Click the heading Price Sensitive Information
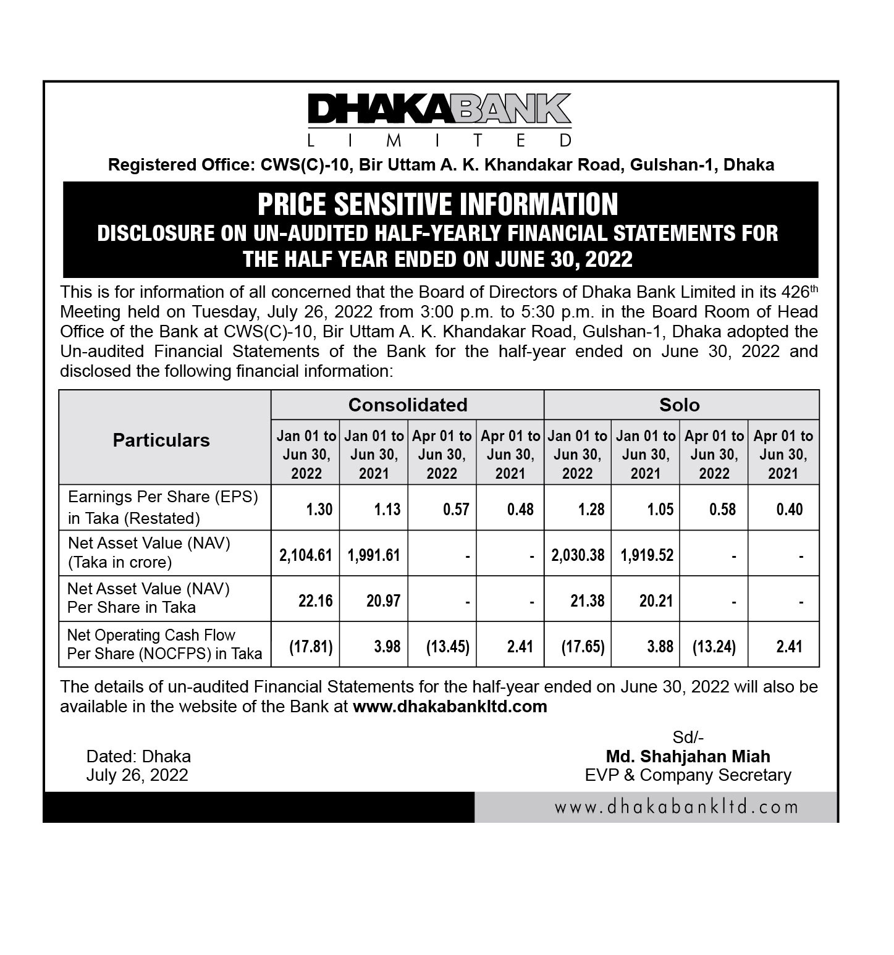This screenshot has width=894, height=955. pyautogui.click(x=437, y=204)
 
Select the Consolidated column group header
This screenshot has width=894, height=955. pyautogui.click(x=407, y=405)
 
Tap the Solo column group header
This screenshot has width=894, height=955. pyautogui.click(x=679, y=405)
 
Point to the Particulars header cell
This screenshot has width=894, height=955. pyautogui.click(x=161, y=440)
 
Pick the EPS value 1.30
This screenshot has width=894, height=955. pyautogui.click(x=319, y=509)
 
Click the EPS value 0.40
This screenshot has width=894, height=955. pyautogui.click(x=789, y=509)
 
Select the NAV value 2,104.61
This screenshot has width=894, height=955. pyautogui.click(x=306, y=555)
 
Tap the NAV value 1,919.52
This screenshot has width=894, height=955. pyautogui.click(x=647, y=555)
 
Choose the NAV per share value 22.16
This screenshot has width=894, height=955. pyautogui.click(x=315, y=600)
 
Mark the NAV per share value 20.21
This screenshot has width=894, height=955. pyautogui.click(x=656, y=600)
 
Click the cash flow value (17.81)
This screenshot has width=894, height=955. pyautogui.click(x=311, y=647)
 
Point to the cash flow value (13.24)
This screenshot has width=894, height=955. pyautogui.click(x=714, y=647)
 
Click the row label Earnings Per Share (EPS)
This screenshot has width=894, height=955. pyautogui.click(x=162, y=497)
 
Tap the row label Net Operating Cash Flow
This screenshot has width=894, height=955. pyautogui.click(x=151, y=635)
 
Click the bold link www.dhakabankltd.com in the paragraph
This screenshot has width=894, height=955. pyautogui.click(x=450, y=706)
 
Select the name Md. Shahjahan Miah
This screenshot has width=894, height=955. pyautogui.click(x=688, y=756)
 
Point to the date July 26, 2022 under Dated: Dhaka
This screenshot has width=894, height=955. pyautogui.click(x=137, y=775)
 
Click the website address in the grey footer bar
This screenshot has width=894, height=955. pyautogui.click(x=676, y=807)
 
